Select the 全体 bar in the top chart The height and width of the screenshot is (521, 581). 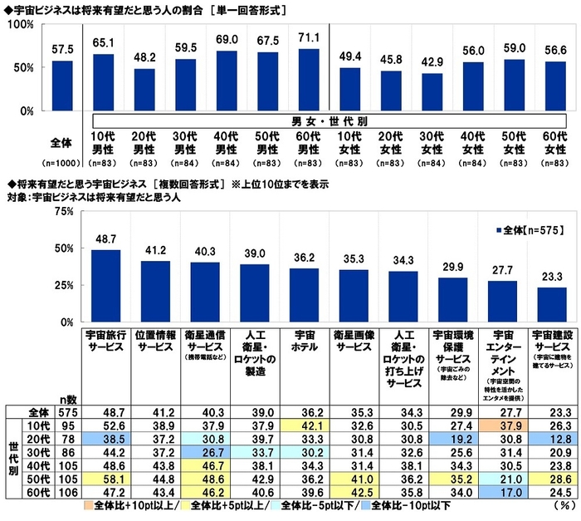click(x=62, y=86)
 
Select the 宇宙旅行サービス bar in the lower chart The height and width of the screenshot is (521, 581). click(x=105, y=285)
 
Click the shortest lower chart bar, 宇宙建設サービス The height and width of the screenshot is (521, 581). click(x=546, y=304)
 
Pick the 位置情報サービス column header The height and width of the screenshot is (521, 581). click(x=155, y=342)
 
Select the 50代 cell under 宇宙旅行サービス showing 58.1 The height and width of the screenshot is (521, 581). click(x=105, y=480)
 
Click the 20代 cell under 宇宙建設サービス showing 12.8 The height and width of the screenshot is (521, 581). click(x=546, y=438)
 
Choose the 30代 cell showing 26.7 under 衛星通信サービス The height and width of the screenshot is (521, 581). click(x=204, y=452)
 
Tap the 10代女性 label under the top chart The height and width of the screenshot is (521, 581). click(x=356, y=141)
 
